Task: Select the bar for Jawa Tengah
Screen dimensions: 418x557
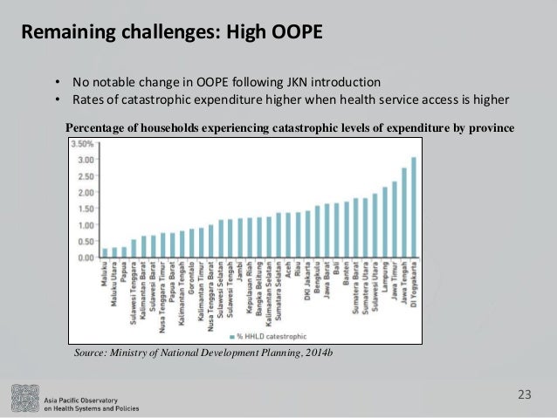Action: [x=404, y=213]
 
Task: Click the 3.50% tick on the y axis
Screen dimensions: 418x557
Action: [x=82, y=143]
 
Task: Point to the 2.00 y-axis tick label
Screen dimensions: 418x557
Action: [x=86, y=192]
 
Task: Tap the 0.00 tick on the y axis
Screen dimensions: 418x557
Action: [x=86, y=257]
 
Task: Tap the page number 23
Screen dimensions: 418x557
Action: [x=524, y=395]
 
